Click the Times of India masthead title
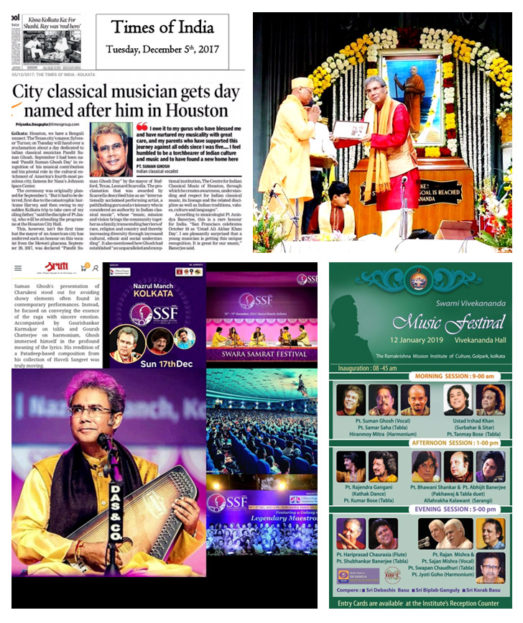click(162, 28)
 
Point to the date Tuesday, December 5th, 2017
click(163, 50)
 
